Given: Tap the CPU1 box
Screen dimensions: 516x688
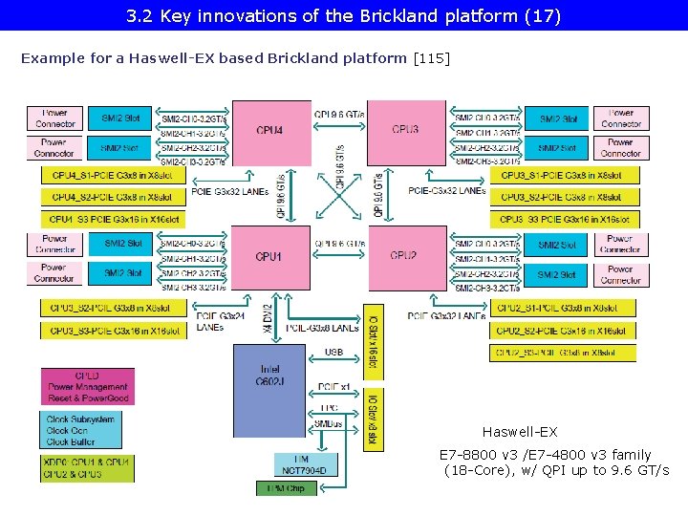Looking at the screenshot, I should click(270, 257).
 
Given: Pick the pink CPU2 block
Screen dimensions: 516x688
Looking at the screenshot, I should click(406, 257).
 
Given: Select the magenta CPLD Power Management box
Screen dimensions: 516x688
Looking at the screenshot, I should click(87, 386).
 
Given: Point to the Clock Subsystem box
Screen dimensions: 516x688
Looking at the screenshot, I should click(80, 430).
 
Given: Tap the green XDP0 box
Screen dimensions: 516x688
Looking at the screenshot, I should click(86, 467).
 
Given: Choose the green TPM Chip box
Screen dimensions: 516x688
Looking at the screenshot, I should click(287, 488).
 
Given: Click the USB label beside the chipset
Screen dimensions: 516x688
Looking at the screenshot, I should click(333, 353).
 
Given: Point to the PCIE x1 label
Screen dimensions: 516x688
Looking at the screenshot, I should click(333, 387).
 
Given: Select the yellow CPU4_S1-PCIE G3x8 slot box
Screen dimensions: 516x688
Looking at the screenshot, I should click(112, 175).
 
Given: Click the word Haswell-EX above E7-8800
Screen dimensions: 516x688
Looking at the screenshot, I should click(519, 432).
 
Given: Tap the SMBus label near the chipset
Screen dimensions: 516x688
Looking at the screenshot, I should click(328, 423).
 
